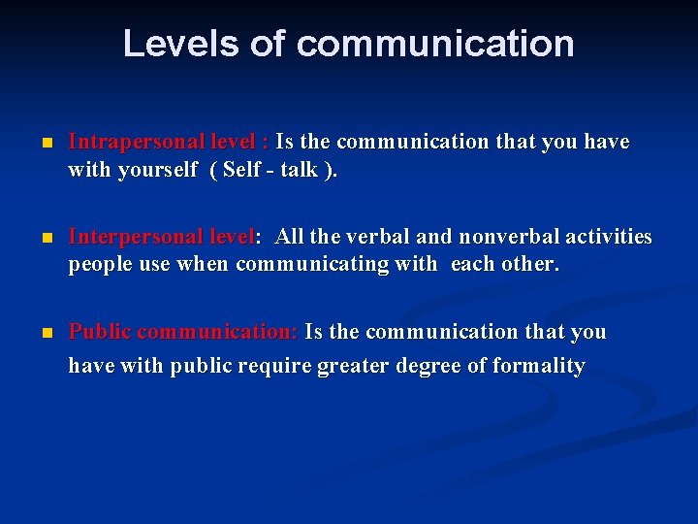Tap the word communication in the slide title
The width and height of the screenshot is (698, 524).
(x=435, y=44)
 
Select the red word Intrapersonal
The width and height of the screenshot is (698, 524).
(x=135, y=143)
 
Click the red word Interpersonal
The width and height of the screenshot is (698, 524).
(x=135, y=238)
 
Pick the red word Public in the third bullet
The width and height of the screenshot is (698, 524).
(x=100, y=332)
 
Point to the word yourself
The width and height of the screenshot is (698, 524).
(x=157, y=171)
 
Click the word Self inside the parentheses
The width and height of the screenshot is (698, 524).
(x=241, y=170)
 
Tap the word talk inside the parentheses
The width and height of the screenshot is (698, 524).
(x=299, y=170)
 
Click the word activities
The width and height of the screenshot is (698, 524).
(x=609, y=238)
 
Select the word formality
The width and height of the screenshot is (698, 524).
(x=539, y=367)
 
